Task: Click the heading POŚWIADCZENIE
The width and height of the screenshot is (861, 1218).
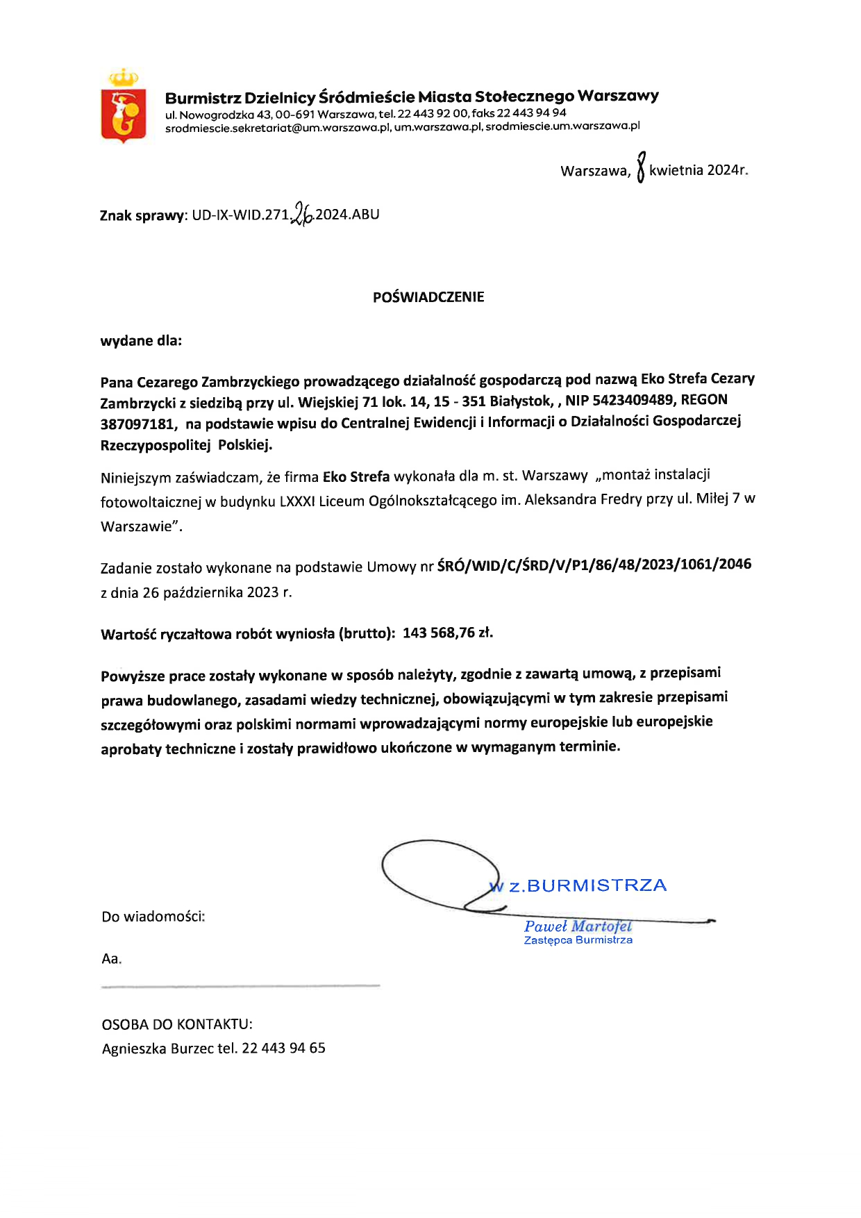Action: point(428,297)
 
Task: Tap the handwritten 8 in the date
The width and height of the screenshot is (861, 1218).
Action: point(641,167)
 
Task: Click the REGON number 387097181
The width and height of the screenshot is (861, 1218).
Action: point(135,424)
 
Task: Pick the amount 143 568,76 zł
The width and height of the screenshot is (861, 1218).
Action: point(448,633)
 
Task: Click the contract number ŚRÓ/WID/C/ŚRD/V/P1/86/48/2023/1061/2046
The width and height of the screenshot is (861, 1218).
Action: point(594,565)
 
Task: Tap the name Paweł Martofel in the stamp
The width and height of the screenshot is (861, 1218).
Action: point(578,926)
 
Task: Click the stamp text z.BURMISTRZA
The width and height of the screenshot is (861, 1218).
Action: point(587,885)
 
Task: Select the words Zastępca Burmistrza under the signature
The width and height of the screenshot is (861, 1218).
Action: point(578,940)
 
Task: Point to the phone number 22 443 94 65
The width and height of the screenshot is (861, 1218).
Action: point(283,1048)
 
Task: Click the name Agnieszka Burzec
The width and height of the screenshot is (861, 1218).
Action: point(158,1049)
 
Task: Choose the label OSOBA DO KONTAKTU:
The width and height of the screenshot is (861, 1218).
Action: point(177,1024)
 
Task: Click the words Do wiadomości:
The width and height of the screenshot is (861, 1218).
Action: point(153,917)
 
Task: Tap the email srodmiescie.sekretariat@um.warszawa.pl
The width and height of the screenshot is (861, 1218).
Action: point(278,128)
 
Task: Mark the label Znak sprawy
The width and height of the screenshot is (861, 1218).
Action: point(142,215)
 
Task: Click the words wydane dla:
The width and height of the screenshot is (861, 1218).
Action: point(141,341)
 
